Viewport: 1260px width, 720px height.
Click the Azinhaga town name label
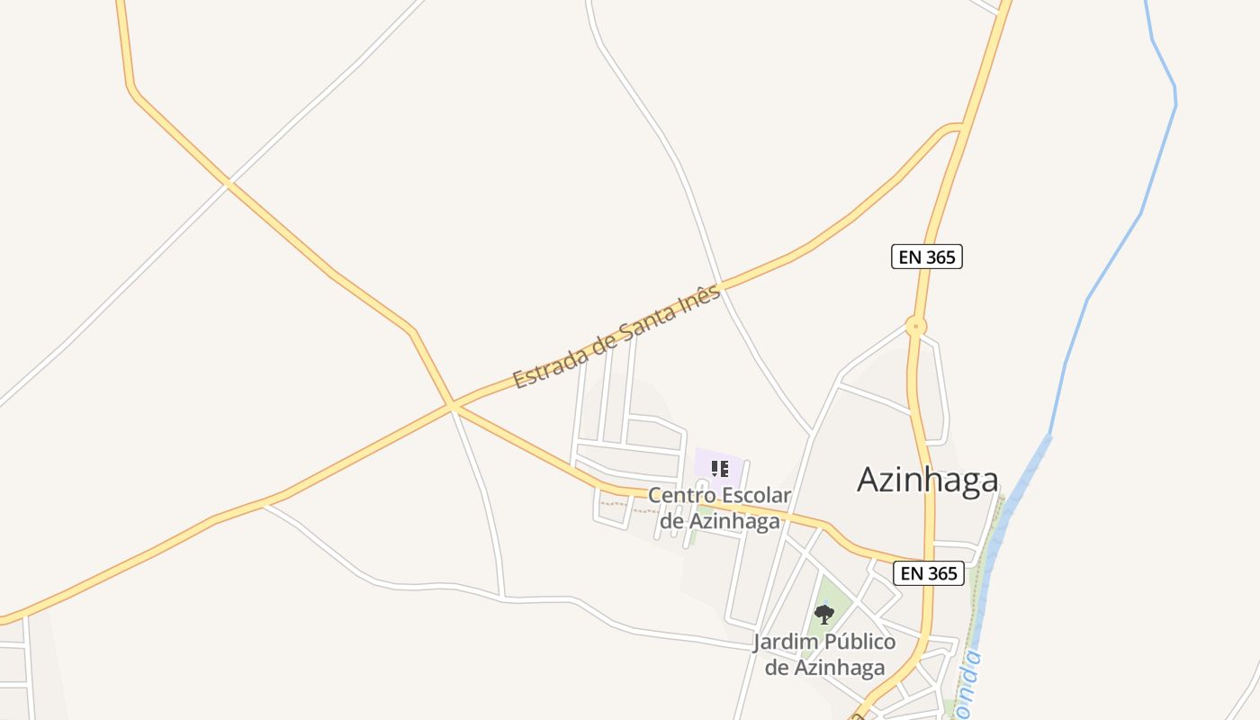click(x=927, y=480)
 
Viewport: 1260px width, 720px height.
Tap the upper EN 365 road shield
click(x=927, y=256)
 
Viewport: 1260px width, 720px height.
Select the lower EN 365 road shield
click(x=928, y=573)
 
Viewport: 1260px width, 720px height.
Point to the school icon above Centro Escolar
click(x=719, y=468)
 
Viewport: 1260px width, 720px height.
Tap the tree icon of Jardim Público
click(x=823, y=615)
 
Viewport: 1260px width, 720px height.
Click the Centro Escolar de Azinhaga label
click(x=719, y=508)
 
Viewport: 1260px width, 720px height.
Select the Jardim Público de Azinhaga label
click(x=824, y=654)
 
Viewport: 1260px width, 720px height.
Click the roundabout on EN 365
click(x=915, y=327)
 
